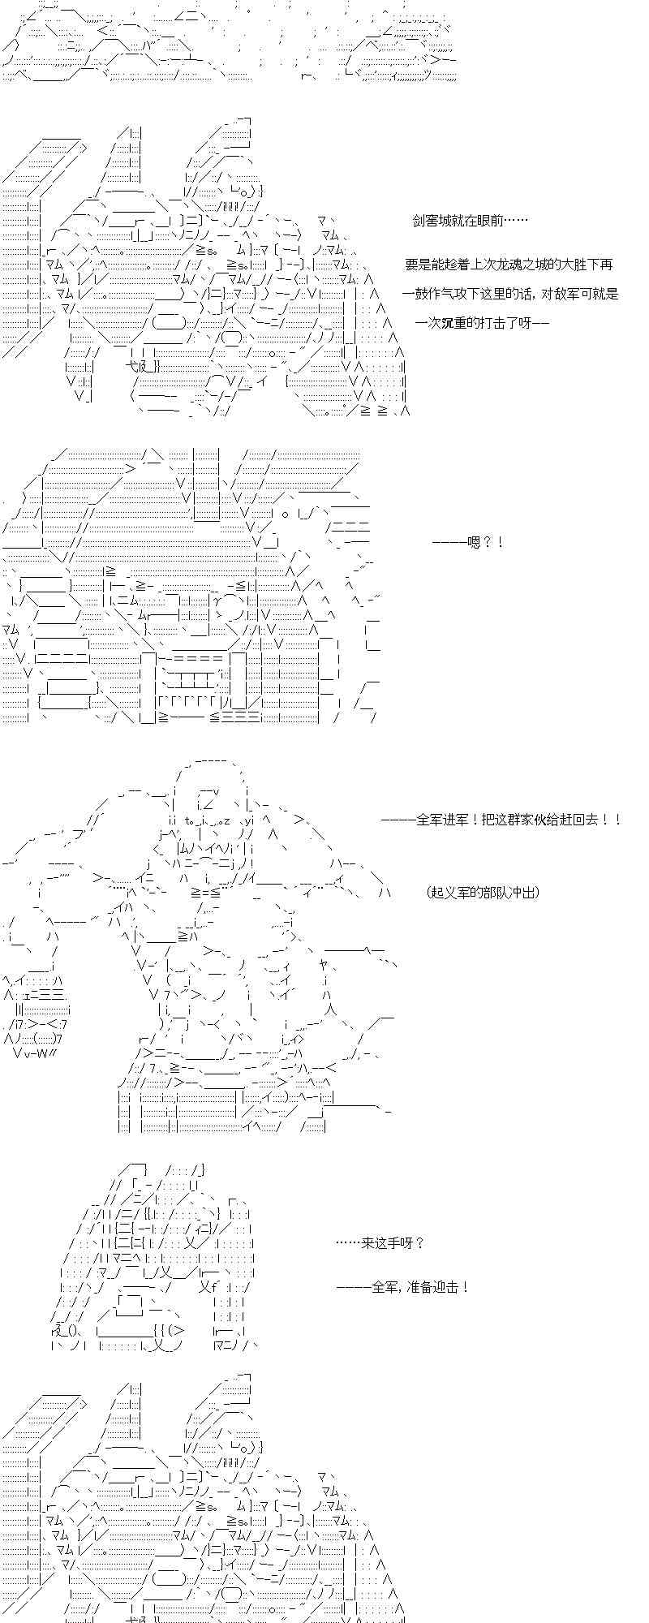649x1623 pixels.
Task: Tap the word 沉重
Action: [x=455, y=323]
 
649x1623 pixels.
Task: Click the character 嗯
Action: [x=475, y=542]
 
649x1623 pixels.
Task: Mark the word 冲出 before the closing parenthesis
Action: [x=522, y=893]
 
